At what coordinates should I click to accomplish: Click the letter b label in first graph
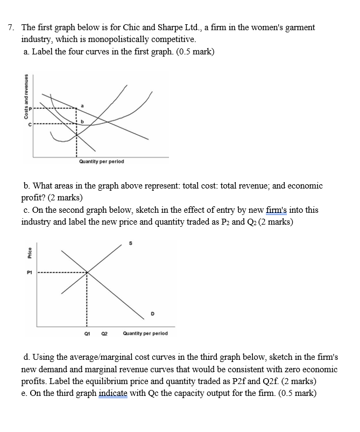(82, 122)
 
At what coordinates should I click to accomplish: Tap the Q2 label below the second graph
(106, 333)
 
